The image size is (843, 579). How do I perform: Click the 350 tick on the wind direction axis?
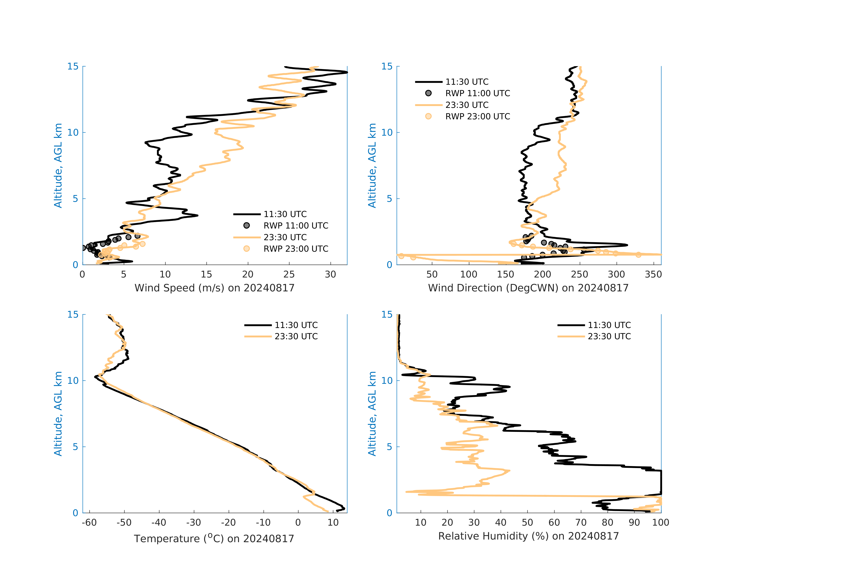[653, 274]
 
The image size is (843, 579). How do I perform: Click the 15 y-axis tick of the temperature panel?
[73, 314]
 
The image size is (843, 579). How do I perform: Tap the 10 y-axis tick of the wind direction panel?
[387, 133]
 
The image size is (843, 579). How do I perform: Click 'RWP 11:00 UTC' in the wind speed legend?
[296, 226]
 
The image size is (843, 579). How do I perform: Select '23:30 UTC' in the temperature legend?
[296, 337]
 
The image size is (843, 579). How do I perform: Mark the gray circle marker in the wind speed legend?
[247, 225]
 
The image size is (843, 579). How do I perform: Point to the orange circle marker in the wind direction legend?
[428, 116]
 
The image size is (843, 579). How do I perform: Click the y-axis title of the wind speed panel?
[58, 165]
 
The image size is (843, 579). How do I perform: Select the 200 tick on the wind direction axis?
[543, 274]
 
